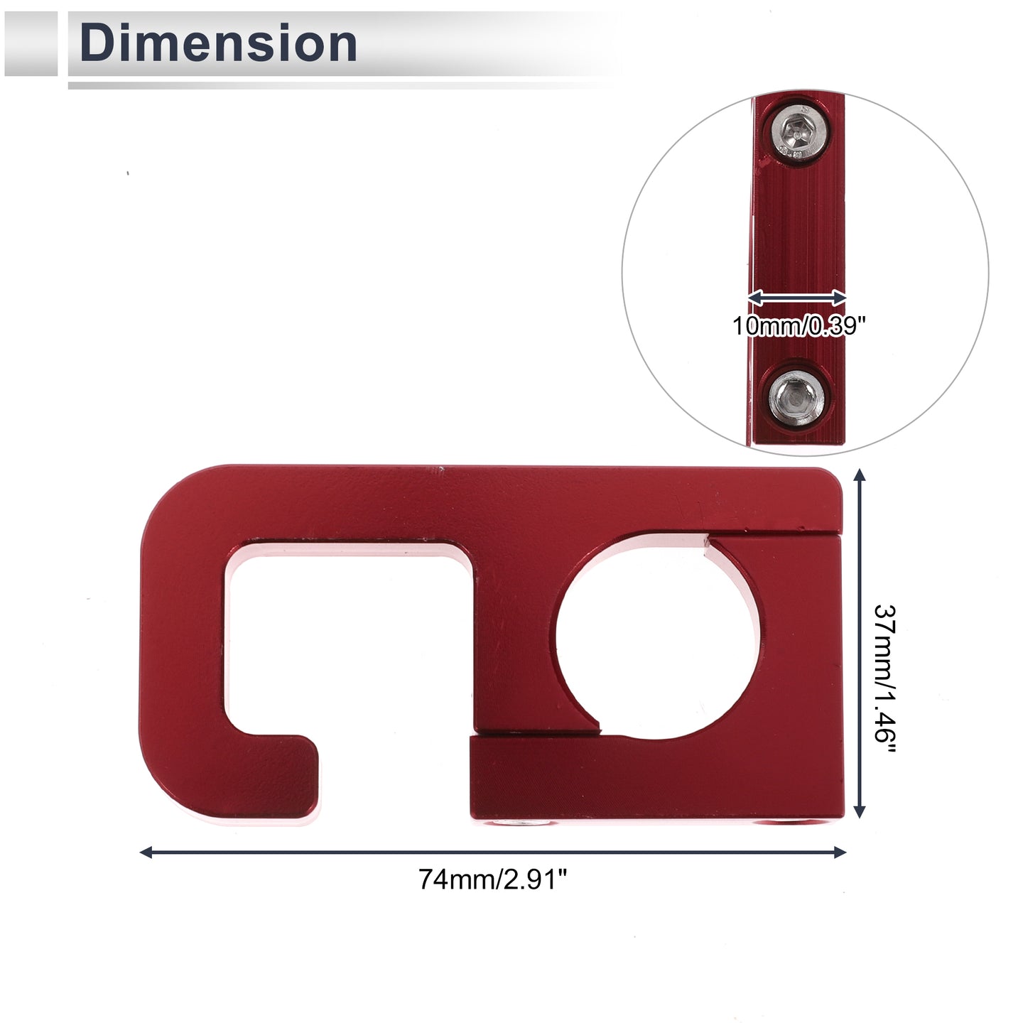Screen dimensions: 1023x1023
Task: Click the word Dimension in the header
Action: tap(218, 43)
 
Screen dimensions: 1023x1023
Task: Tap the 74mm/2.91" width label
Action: tap(492, 879)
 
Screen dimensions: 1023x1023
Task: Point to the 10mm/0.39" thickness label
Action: tap(799, 325)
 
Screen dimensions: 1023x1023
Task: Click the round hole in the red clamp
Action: tap(656, 637)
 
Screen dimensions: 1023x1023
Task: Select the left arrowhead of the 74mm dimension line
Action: tap(146, 852)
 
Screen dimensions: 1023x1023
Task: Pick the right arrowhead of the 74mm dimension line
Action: tap(839, 852)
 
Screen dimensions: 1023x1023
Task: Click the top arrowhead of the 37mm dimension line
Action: tap(860, 475)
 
